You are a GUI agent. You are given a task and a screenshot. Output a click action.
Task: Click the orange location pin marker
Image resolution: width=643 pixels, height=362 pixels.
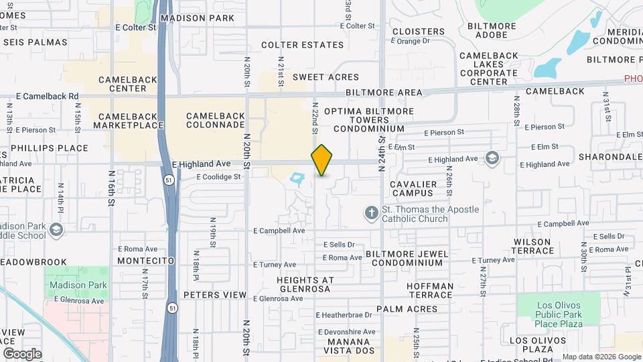click(x=321, y=160)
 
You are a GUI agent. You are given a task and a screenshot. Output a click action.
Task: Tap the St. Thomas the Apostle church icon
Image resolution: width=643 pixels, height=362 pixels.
click(x=372, y=214)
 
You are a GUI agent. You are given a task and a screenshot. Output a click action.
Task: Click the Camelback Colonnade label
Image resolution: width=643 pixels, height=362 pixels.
click(x=216, y=120)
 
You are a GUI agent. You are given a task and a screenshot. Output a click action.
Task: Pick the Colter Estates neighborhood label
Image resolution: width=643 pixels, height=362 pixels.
click(x=302, y=45)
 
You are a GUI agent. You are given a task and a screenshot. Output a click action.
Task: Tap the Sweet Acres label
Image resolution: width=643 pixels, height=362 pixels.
click(x=326, y=77)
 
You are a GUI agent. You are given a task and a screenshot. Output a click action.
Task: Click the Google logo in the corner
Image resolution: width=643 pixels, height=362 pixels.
click(x=21, y=353)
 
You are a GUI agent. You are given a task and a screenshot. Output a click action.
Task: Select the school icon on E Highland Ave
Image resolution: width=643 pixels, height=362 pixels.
click(x=492, y=158)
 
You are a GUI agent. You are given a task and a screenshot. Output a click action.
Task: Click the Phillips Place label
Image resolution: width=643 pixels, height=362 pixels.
click(x=49, y=148)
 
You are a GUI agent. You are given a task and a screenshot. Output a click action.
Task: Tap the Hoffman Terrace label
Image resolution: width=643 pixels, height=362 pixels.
click(x=430, y=290)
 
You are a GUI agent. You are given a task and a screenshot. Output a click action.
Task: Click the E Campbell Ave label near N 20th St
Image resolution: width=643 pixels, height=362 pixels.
click(x=279, y=231)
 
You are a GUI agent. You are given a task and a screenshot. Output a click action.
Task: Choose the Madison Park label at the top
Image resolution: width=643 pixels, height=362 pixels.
click(x=198, y=18)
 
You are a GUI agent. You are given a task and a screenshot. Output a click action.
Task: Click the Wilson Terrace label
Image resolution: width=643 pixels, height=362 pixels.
click(x=533, y=246)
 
